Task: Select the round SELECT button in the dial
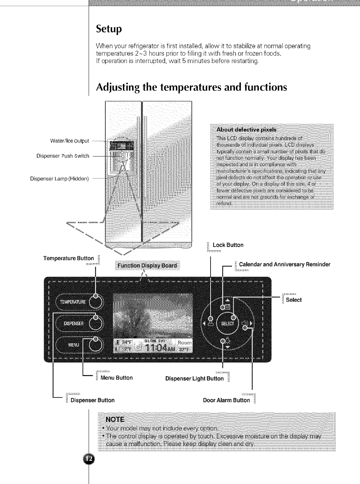tap(227, 323)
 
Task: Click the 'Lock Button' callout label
tap(228, 245)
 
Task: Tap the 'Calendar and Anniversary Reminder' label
tap(284, 264)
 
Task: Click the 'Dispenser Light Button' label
tap(194, 378)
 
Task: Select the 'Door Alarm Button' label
tap(226, 400)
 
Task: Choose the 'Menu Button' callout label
tap(116, 378)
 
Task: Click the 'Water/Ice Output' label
tap(69, 141)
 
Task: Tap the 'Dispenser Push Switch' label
tap(63, 156)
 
